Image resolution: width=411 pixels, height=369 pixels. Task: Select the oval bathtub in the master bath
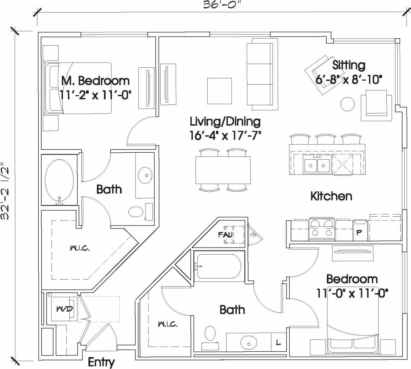(x=59, y=180)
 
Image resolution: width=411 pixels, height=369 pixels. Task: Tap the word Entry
(x=101, y=362)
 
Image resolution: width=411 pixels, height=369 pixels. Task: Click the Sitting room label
(x=349, y=65)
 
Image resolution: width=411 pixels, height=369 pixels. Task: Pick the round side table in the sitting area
(x=348, y=104)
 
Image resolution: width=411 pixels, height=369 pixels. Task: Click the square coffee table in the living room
(x=220, y=91)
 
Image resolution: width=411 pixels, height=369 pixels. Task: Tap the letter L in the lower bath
(x=278, y=343)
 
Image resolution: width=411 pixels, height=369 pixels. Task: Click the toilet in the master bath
(x=137, y=212)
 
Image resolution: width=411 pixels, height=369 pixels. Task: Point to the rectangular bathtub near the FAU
(x=218, y=266)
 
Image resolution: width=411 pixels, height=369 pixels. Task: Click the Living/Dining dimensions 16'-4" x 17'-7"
(x=225, y=135)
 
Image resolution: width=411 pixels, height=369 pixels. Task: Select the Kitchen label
(x=331, y=196)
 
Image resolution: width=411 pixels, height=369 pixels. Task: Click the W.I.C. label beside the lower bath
(x=168, y=324)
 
